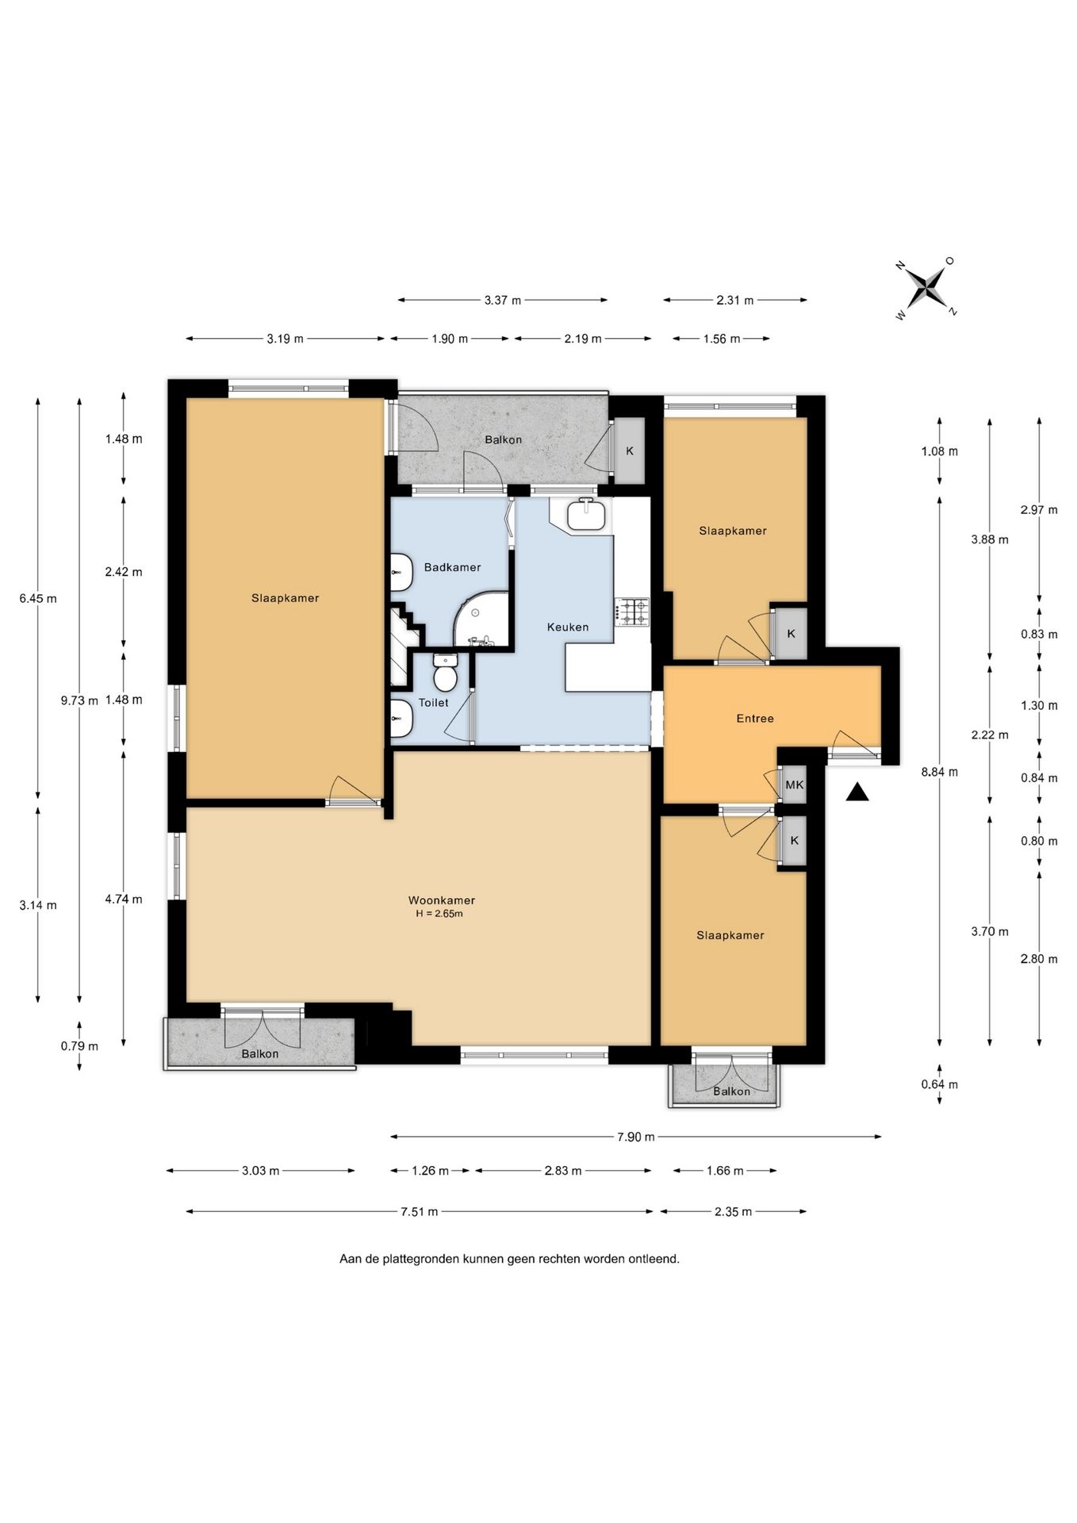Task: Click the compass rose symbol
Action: pyautogui.click(x=926, y=287)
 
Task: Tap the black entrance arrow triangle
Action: pyautogui.click(x=857, y=792)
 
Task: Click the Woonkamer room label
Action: pyautogui.click(x=442, y=900)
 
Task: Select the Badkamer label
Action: pyautogui.click(x=452, y=567)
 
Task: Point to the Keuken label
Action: pyautogui.click(x=568, y=627)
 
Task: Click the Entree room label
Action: pyautogui.click(x=755, y=718)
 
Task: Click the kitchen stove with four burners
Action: pyautogui.click(x=631, y=611)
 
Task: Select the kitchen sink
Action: pyautogui.click(x=586, y=513)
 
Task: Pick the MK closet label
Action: pyautogui.click(x=795, y=785)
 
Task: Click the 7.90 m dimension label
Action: pyautogui.click(x=636, y=1137)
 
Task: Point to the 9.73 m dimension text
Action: pyautogui.click(x=79, y=700)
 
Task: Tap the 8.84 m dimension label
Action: pyautogui.click(x=939, y=771)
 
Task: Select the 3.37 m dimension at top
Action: pyautogui.click(x=503, y=300)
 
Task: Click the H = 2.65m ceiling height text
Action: pyautogui.click(x=439, y=913)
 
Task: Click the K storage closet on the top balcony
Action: pyautogui.click(x=630, y=451)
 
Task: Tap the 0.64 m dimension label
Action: pyautogui.click(x=939, y=1084)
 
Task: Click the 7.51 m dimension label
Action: pyautogui.click(x=419, y=1211)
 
